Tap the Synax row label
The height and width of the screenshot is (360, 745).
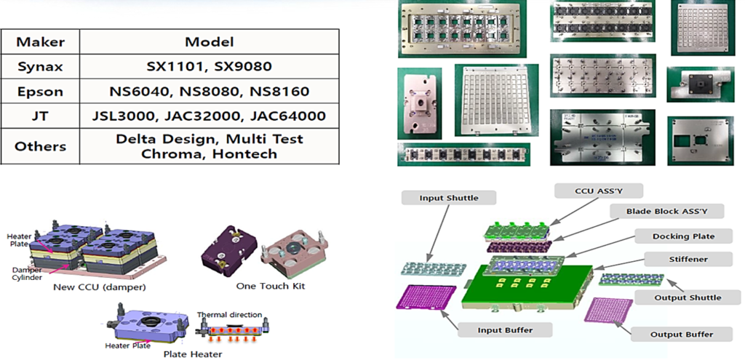(40, 66)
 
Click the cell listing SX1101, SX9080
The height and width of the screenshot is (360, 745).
(209, 66)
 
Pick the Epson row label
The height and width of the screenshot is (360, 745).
(40, 92)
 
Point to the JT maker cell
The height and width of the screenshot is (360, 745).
(40, 116)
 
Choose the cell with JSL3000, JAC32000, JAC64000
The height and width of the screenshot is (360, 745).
(209, 116)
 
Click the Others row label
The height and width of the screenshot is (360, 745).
(40, 146)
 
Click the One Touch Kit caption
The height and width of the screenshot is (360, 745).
(271, 286)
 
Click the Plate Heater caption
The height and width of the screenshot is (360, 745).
(193, 354)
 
